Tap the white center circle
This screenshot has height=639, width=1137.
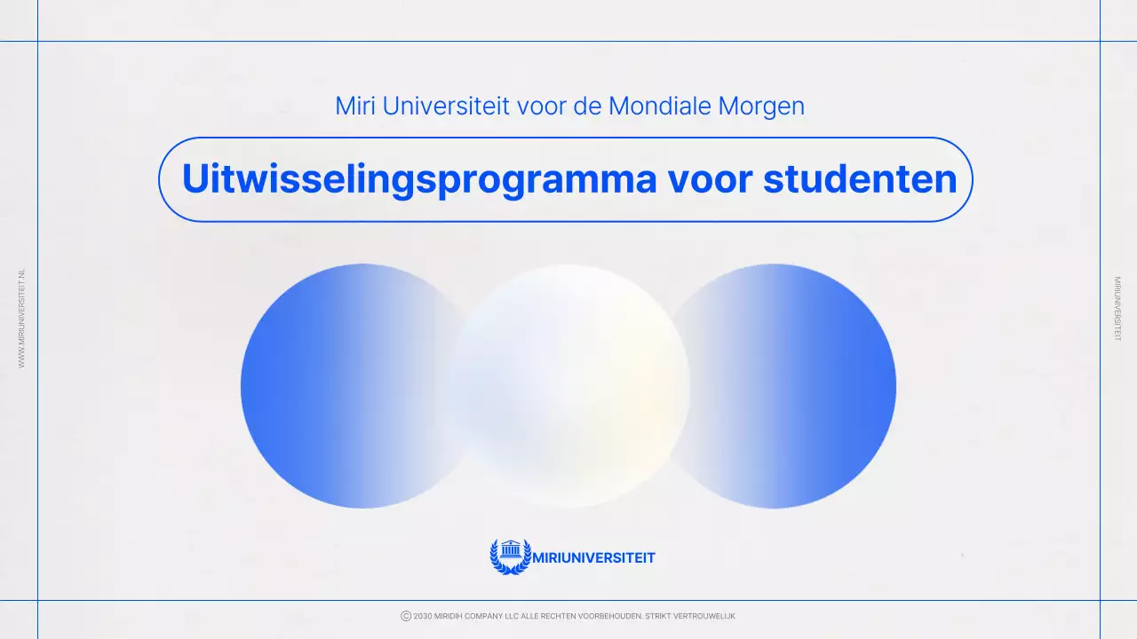tap(569, 386)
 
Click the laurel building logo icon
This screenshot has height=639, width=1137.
tap(510, 556)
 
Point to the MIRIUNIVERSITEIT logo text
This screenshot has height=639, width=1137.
tap(593, 558)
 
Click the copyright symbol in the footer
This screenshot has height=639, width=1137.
tap(406, 616)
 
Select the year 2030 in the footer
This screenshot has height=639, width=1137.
tap(423, 616)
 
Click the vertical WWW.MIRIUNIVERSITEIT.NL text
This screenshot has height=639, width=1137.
tap(22, 318)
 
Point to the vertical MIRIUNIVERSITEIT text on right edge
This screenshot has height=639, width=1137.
tap(1117, 309)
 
